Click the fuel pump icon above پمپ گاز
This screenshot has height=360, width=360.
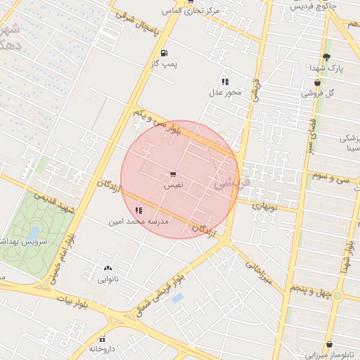[x=164, y=53]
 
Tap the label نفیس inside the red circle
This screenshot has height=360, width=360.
[x=173, y=186]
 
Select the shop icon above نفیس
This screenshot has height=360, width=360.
[x=173, y=174]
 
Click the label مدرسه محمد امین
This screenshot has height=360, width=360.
[x=139, y=221]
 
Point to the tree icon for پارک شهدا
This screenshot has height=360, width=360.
[x=326, y=57]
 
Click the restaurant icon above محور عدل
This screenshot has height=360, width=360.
[x=225, y=82]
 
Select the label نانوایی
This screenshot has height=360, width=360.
[x=108, y=279]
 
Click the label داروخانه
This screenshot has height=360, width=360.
[x=101, y=349]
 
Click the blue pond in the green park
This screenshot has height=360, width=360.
[x=34, y=231]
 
